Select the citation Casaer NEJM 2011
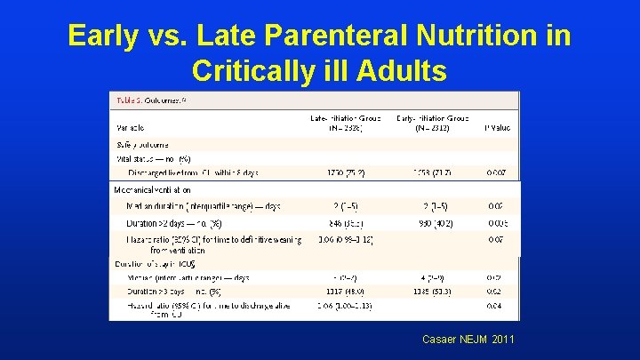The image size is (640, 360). [x=468, y=339]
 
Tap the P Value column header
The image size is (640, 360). [x=497, y=128]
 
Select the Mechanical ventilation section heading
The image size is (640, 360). [x=153, y=189]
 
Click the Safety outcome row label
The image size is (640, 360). [x=142, y=144]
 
